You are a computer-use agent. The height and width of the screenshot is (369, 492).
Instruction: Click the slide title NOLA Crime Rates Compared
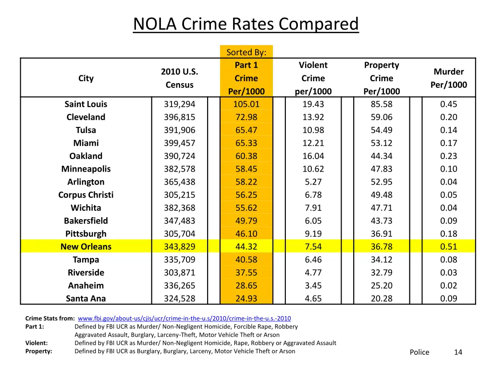[x=246, y=24]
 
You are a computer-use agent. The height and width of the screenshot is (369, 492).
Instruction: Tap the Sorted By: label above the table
[x=246, y=52]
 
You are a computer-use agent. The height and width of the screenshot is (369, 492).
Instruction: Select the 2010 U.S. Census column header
[x=179, y=78]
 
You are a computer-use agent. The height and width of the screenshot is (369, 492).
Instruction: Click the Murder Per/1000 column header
[x=448, y=78]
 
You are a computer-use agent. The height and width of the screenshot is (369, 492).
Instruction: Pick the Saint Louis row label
[x=86, y=104]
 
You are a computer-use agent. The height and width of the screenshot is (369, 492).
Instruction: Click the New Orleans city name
[x=86, y=247]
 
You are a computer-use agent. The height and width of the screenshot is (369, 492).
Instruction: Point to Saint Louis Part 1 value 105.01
[x=246, y=104]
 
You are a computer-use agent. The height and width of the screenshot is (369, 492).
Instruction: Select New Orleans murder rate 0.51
[x=448, y=247]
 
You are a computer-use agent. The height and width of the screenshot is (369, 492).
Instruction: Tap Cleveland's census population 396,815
[x=179, y=117]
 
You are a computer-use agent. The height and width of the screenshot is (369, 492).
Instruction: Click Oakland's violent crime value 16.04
[x=313, y=156]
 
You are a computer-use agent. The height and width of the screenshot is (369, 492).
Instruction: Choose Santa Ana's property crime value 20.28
[x=381, y=299]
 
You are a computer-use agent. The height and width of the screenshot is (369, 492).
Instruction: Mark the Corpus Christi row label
[x=86, y=195]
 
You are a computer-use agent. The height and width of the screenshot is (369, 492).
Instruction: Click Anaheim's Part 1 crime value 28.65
[x=246, y=286]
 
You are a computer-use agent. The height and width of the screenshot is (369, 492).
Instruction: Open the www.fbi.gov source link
[x=184, y=319]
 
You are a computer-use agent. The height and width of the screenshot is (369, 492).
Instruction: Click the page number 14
[x=458, y=352]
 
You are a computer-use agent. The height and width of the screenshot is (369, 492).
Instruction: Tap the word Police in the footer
[x=419, y=352]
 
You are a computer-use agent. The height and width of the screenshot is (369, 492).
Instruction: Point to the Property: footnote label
[x=38, y=351]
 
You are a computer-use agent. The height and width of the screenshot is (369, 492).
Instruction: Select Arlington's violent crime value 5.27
[x=313, y=182]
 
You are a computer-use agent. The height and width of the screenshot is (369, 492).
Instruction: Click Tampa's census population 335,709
[x=179, y=260]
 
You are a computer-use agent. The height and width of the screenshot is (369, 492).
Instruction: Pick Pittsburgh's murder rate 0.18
[x=448, y=234]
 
